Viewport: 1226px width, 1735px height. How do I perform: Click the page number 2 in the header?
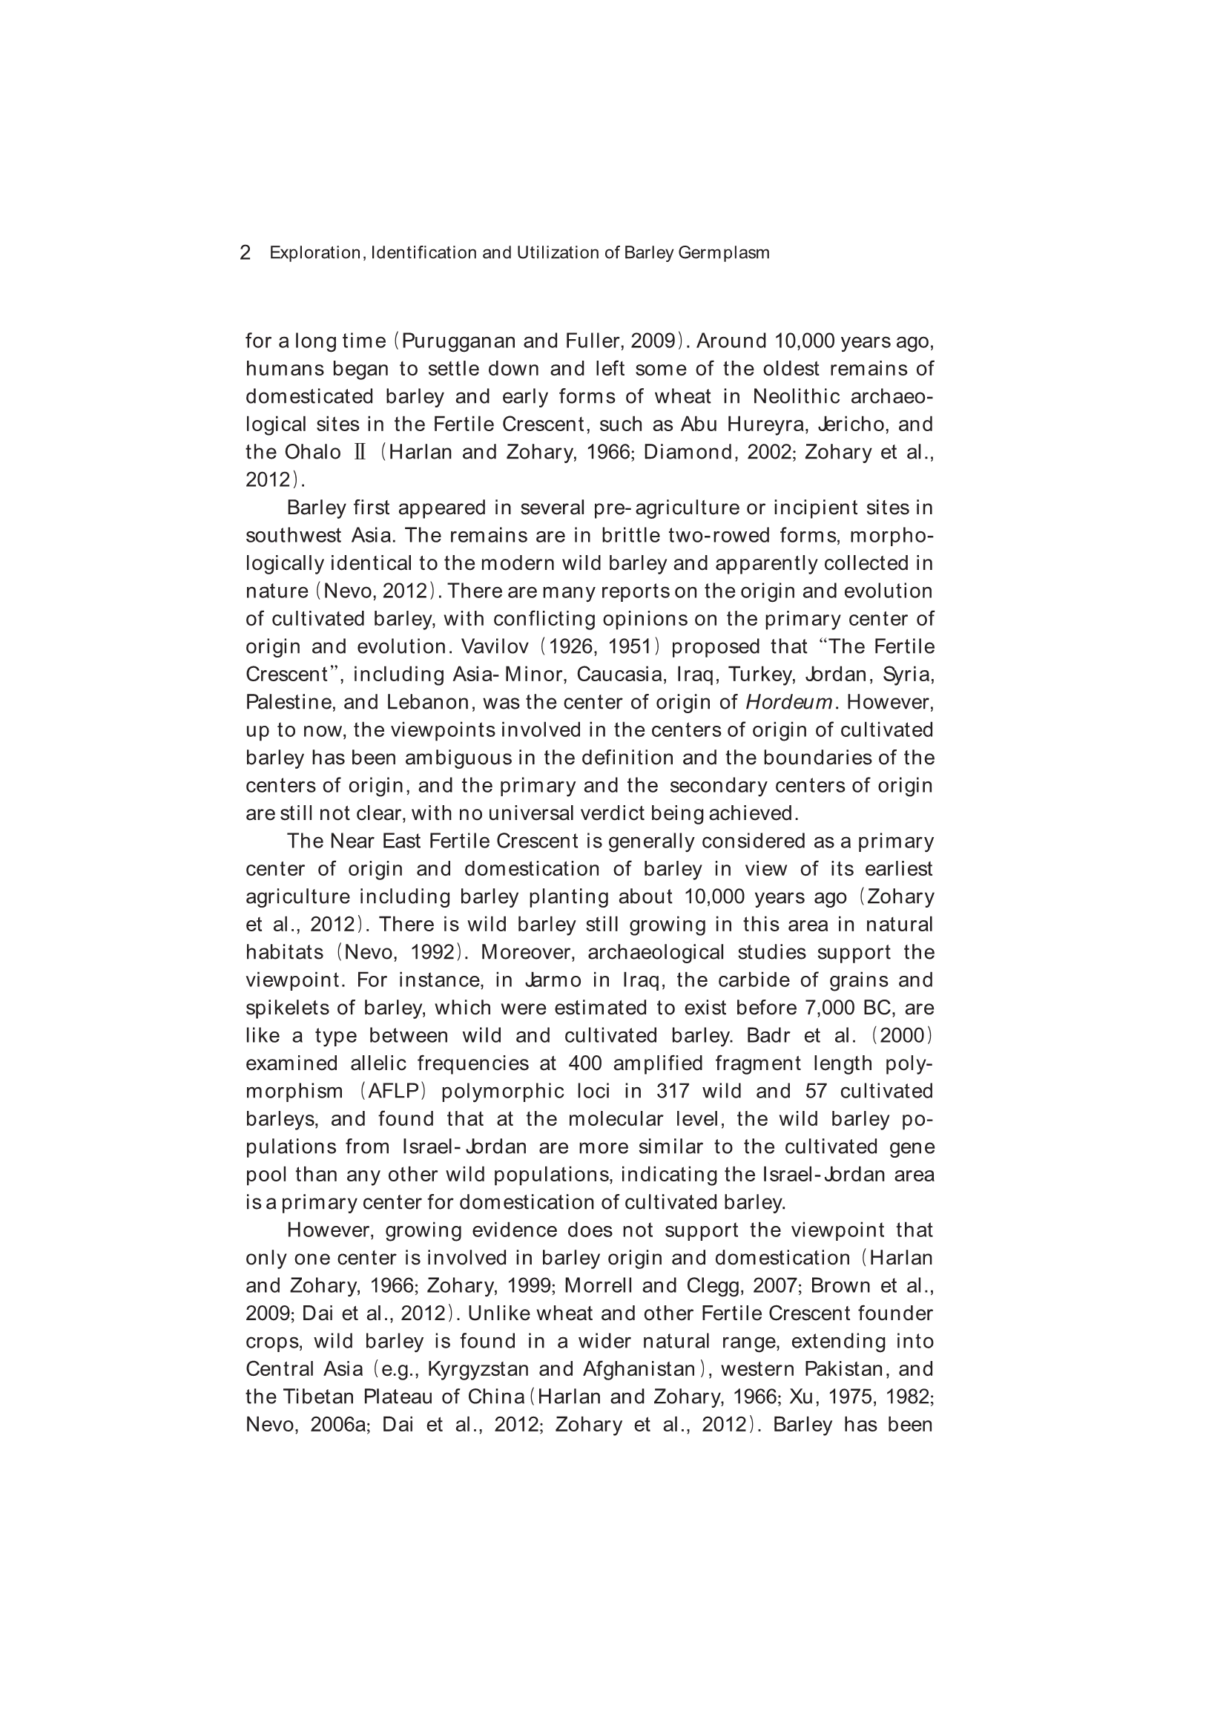pyautogui.click(x=245, y=253)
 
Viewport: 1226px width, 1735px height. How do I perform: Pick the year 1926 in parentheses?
pyautogui.click(x=574, y=647)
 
